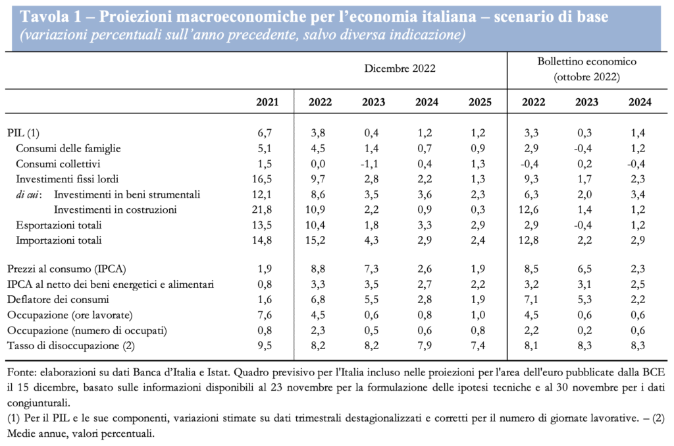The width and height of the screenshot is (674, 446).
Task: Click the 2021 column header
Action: point(267,102)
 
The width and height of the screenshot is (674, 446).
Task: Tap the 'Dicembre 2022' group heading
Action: point(400,68)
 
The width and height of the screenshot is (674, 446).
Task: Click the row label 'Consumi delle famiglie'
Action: point(68,148)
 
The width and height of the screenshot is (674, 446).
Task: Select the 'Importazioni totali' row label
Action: point(59,240)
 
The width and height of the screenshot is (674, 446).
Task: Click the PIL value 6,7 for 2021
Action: point(271,133)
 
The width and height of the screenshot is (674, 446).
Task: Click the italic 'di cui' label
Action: point(28,195)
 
